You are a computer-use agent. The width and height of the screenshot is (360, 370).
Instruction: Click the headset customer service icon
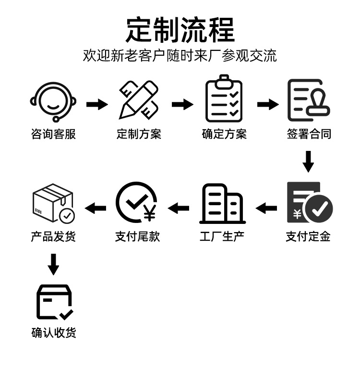click(53, 101)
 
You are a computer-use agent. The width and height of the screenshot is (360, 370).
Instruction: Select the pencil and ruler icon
click(139, 100)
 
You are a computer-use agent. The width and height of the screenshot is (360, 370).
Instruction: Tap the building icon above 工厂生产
click(222, 204)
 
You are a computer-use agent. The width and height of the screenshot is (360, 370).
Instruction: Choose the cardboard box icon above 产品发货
click(53, 203)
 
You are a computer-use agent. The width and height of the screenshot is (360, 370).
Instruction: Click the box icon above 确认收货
click(54, 302)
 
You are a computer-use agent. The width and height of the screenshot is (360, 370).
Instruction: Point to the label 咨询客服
click(53, 134)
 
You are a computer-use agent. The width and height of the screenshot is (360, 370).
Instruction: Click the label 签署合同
click(309, 134)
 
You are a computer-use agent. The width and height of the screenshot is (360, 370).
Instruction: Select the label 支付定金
click(308, 236)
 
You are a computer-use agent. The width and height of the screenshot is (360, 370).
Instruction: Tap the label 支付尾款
click(137, 236)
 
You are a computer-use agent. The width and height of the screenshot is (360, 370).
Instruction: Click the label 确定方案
click(224, 134)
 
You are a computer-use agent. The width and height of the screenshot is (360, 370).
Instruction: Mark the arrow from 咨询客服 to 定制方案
click(97, 104)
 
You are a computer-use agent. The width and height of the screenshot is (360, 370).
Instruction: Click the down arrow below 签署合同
click(309, 161)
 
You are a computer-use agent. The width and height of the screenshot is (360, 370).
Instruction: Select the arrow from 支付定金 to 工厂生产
click(266, 208)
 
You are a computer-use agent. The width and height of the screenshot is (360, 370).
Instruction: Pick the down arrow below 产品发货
click(54, 264)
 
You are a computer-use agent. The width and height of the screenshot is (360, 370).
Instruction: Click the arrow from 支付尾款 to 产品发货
click(96, 208)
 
